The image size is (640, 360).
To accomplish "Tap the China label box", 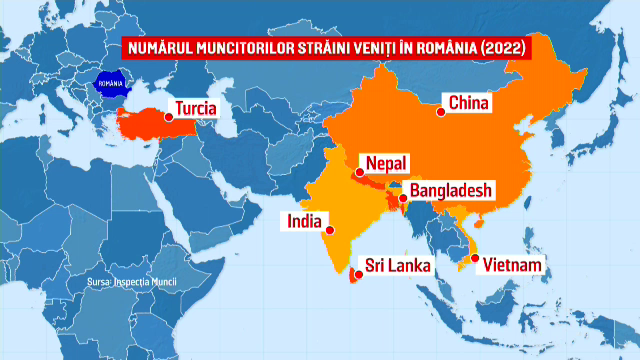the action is (467, 102).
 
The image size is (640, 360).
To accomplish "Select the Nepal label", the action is (386, 163).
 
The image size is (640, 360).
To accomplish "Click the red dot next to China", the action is (439, 111).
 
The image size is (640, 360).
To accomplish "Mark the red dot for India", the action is (331, 230).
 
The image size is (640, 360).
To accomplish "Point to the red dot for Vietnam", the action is (476, 260).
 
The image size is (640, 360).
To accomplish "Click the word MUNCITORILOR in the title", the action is (228, 47).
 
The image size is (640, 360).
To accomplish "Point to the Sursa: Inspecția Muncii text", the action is (131, 283).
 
